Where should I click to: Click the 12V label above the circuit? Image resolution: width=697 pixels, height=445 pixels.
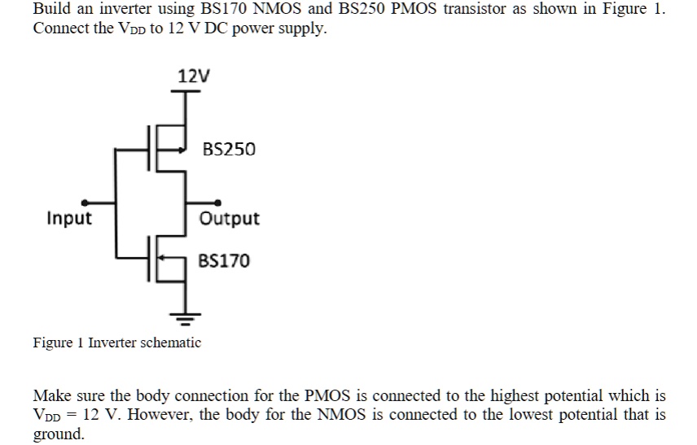194,76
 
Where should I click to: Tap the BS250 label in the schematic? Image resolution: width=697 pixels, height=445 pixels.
229,150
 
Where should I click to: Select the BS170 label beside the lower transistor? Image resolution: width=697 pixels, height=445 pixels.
225,260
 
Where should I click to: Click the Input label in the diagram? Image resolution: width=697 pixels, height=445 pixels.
69,219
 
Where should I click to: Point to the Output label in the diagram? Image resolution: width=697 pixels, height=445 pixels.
230,219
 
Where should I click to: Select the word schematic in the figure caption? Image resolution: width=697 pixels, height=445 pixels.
171,342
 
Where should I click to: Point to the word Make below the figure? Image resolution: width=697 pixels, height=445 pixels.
50,396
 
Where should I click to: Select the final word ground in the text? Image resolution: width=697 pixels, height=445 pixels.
58,434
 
